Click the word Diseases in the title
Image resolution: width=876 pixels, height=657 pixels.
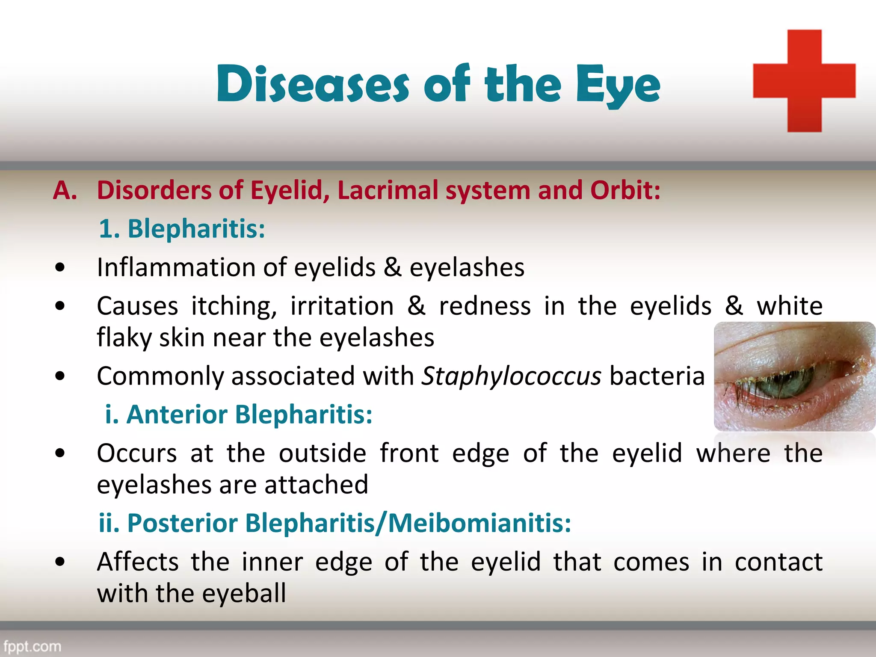pyautogui.click(x=313, y=84)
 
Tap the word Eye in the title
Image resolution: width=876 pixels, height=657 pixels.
pyautogui.click(x=618, y=86)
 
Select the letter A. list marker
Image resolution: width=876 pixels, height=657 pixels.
pyautogui.click(x=65, y=190)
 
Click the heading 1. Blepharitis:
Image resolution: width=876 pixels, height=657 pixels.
pyautogui.click(x=182, y=228)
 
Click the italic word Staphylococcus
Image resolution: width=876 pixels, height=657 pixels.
pyautogui.click(x=511, y=376)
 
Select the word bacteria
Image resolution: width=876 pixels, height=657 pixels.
pyautogui.click(x=657, y=376)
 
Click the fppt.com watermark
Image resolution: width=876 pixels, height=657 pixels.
pyautogui.click(x=32, y=646)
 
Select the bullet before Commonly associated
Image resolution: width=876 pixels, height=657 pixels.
pyautogui.click(x=60, y=376)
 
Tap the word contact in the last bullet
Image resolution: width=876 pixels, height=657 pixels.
pyautogui.click(x=778, y=562)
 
